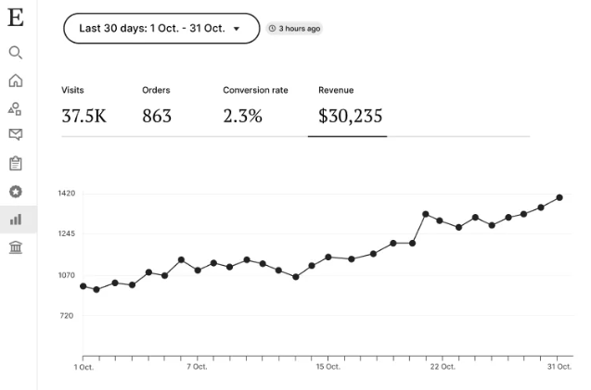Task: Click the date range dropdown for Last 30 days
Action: coord(161,29)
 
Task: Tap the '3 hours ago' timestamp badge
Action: coord(294,29)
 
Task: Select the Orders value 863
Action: coord(157,117)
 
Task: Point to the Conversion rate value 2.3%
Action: coord(243,117)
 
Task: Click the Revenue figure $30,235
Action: coord(350,117)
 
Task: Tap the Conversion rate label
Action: coord(255,90)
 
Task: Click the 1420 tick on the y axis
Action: coord(66,194)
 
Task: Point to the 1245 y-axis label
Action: coord(66,234)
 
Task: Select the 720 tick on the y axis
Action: coord(66,316)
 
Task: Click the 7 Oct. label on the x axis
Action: coord(197,367)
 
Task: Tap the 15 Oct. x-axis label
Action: coord(328,367)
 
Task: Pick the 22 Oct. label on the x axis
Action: coord(443,367)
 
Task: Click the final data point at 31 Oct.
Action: coord(559,197)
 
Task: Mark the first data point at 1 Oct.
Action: coord(84,286)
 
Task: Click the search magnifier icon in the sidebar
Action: coord(15,53)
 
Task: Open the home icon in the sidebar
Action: coord(15,81)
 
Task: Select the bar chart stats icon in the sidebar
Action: coord(15,220)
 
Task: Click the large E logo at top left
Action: coord(15,19)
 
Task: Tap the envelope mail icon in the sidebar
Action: coord(15,134)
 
